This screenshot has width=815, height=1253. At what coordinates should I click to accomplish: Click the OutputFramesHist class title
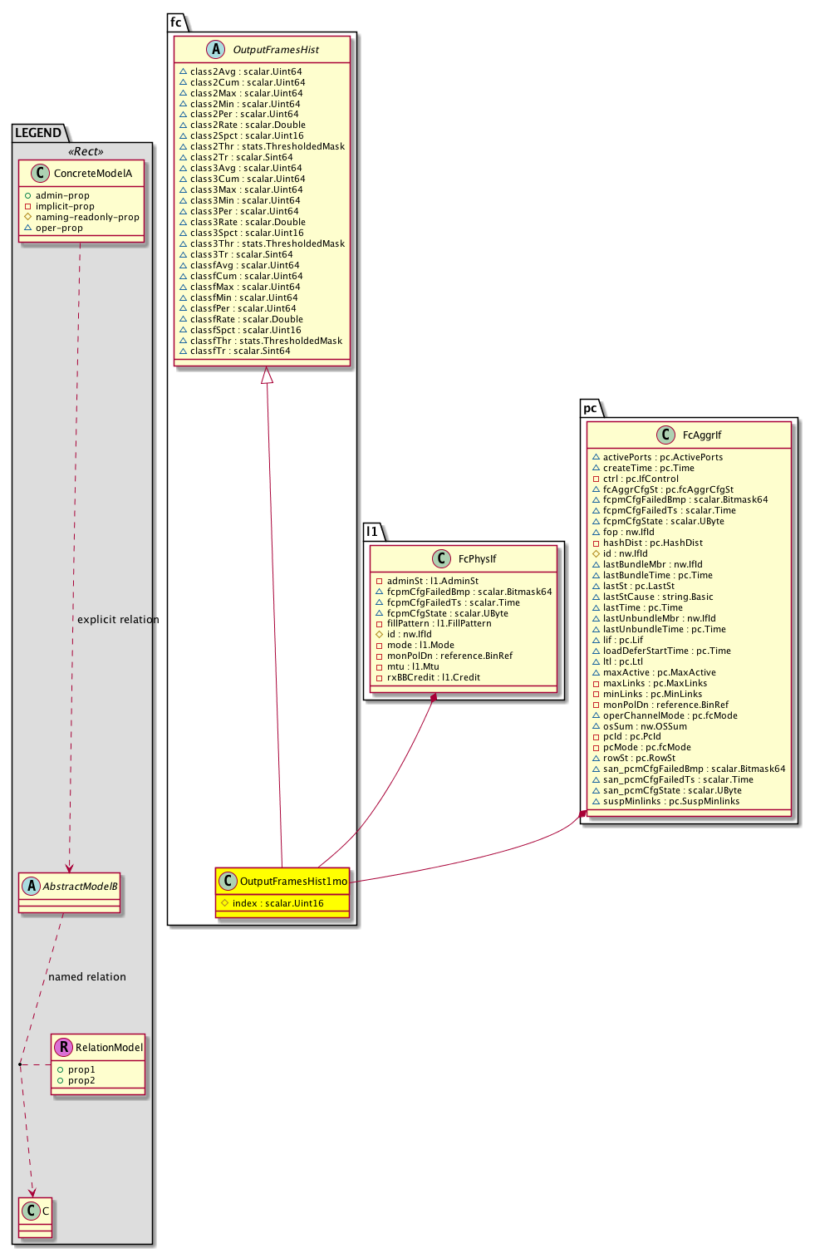click(275, 50)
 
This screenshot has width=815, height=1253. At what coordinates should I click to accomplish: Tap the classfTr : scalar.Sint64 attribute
click(240, 351)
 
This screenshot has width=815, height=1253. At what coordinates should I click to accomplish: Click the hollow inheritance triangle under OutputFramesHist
click(267, 376)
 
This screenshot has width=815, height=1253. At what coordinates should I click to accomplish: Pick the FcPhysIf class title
click(477, 559)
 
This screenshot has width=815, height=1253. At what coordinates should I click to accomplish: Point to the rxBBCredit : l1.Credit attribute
click(433, 678)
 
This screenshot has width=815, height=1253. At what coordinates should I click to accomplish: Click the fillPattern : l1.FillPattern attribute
click(439, 624)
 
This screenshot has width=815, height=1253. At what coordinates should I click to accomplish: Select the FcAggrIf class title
click(702, 435)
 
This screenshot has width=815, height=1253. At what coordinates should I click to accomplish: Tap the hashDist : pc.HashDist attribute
click(652, 543)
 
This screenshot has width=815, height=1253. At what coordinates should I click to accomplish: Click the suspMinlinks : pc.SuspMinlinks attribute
click(670, 802)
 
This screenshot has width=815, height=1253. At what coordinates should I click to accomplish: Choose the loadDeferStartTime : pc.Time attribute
click(666, 651)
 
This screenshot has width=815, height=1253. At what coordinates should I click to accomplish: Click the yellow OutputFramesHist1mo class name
click(293, 882)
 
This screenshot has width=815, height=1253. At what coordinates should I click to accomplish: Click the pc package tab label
click(590, 409)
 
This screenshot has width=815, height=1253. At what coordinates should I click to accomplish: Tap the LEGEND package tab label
click(38, 133)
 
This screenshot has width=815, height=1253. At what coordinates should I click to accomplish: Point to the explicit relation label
click(118, 620)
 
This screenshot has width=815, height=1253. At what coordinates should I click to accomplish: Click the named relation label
click(87, 977)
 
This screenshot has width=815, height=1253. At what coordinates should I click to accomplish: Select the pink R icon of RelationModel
click(63, 1048)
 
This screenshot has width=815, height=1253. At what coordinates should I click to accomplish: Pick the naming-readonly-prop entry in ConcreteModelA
click(87, 218)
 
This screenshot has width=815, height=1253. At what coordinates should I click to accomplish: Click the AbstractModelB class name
click(80, 887)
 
